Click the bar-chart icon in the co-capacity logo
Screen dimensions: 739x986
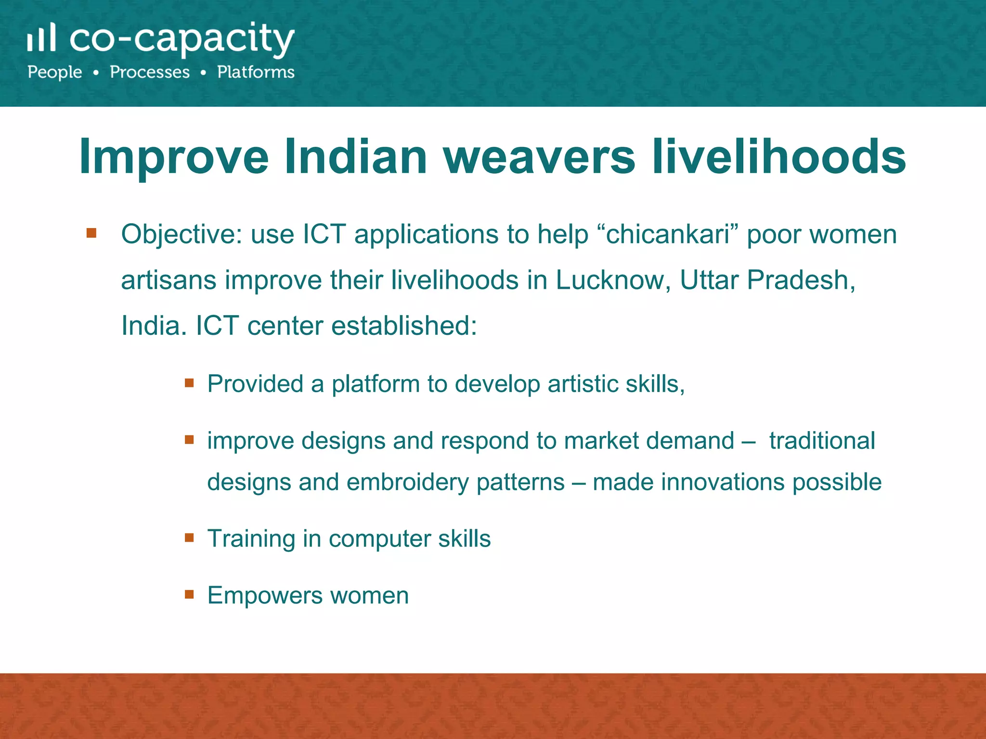(41, 38)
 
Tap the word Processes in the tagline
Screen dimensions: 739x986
(150, 72)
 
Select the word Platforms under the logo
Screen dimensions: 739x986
(256, 72)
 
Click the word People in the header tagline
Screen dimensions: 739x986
(55, 73)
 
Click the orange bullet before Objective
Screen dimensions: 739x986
(91, 234)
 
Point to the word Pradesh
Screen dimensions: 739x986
(800, 280)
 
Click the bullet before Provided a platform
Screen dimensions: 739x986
(189, 383)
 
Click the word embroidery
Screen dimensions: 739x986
(407, 483)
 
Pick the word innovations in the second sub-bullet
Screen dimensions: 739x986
(723, 483)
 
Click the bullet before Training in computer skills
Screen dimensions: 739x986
(189, 537)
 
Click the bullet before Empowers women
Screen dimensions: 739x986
(189, 594)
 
